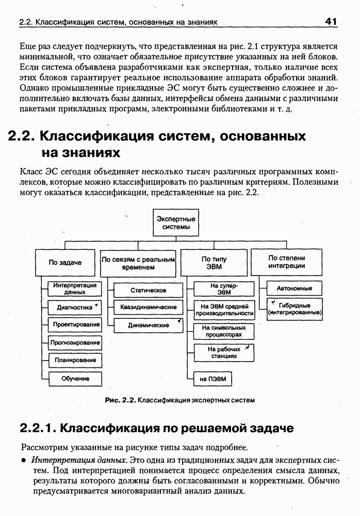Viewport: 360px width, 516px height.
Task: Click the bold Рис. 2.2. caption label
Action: [120, 400]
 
